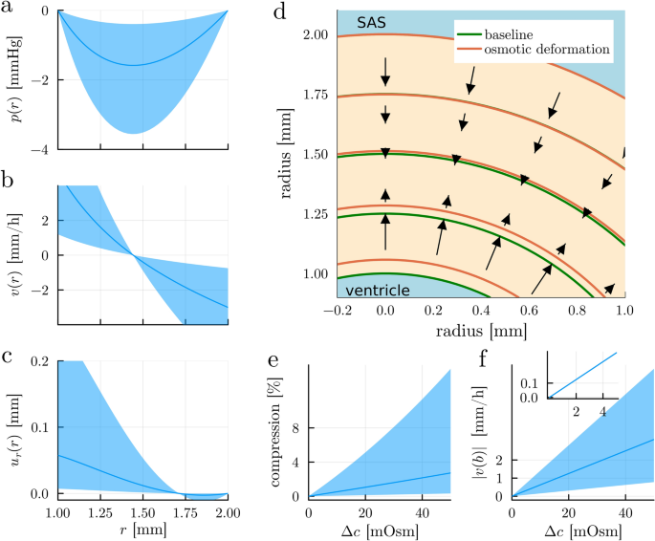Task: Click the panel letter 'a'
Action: pyautogui.click(x=8, y=11)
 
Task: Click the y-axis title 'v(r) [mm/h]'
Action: pyautogui.click(x=13, y=255)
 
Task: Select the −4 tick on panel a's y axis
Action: pyautogui.click(x=43, y=149)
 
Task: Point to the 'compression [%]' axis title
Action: pyautogui.click(x=273, y=433)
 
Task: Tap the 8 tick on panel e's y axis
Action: pyautogui.click(x=295, y=429)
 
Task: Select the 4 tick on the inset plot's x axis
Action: pyautogui.click(x=601, y=411)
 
